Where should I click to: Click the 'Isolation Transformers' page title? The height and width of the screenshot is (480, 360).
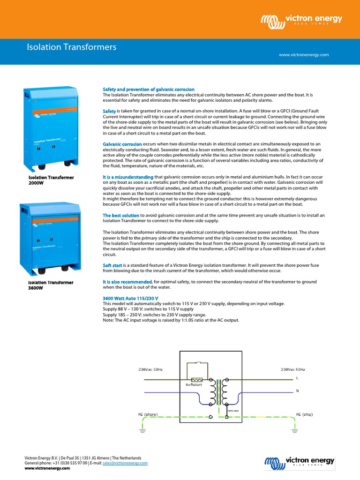tap(71, 47)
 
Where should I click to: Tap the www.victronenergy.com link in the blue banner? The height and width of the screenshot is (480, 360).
tap(304, 55)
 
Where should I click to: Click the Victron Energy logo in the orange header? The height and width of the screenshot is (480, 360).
tap(301, 20)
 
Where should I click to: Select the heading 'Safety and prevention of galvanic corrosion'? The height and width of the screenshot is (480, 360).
tap(149, 89)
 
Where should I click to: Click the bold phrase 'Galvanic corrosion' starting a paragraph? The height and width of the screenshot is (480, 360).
tap(122, 144)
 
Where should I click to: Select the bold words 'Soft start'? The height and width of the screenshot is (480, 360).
tap(112, 265)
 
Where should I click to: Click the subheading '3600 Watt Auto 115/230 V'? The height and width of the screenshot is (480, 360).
tap(130, 298)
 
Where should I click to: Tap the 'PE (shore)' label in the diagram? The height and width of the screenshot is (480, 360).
tap(148, 414)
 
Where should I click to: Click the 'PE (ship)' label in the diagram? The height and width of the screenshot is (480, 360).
tap(304, 414)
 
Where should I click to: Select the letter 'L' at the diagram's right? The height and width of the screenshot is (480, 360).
tap(297, 378)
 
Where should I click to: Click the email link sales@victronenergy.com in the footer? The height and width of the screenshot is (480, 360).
tap(128, 463)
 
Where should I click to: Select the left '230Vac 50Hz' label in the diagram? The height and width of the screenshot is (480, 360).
tap(150, 370)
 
